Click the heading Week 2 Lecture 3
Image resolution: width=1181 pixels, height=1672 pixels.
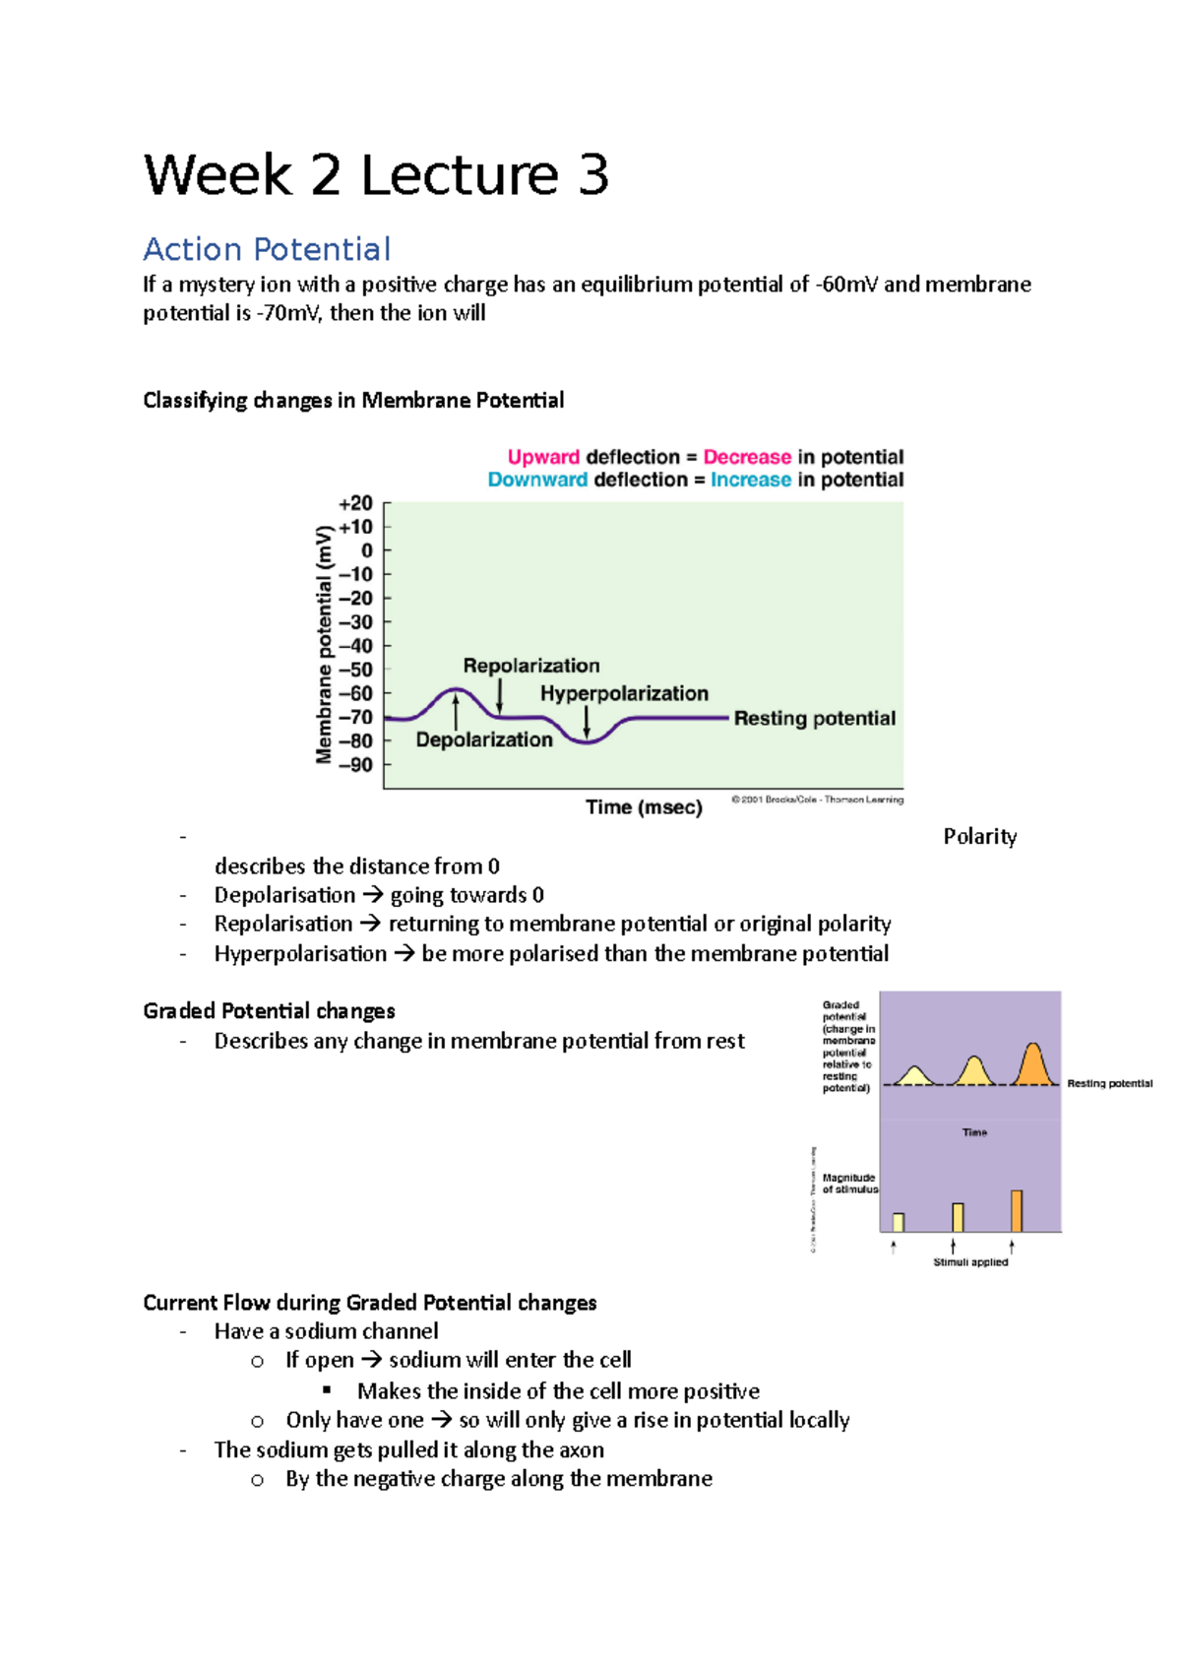tap(376, 175)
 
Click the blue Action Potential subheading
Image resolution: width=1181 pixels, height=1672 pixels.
tap(267, 249)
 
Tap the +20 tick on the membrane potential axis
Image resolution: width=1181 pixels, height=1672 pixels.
tap(356, 503)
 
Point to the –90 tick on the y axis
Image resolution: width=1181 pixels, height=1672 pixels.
tap(356, 765)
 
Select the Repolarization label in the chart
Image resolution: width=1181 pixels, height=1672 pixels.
tap(530, 666)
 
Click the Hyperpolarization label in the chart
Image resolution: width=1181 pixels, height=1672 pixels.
tap(624, 693)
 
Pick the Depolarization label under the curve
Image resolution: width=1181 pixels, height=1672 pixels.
tap(484, 740)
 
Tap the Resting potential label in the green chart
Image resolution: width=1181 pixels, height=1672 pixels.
tap(814, 718)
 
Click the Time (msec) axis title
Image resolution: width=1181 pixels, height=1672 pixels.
tap(644, 807)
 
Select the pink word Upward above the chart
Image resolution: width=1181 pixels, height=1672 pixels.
tap(543, 457)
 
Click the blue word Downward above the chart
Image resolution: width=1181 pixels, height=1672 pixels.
tap(537, 480)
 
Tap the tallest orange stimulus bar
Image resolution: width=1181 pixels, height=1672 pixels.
tap(1017, 1210)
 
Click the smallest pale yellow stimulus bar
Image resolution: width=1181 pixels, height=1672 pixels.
tap(898, 1222)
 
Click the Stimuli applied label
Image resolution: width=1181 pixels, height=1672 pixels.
tap(970, 1261)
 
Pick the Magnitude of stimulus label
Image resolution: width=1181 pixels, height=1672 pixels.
tap(849, 1184)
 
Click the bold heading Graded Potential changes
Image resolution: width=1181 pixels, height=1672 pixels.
tap(269, 1011)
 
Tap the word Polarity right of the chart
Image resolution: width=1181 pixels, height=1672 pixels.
tap(979, 837)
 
